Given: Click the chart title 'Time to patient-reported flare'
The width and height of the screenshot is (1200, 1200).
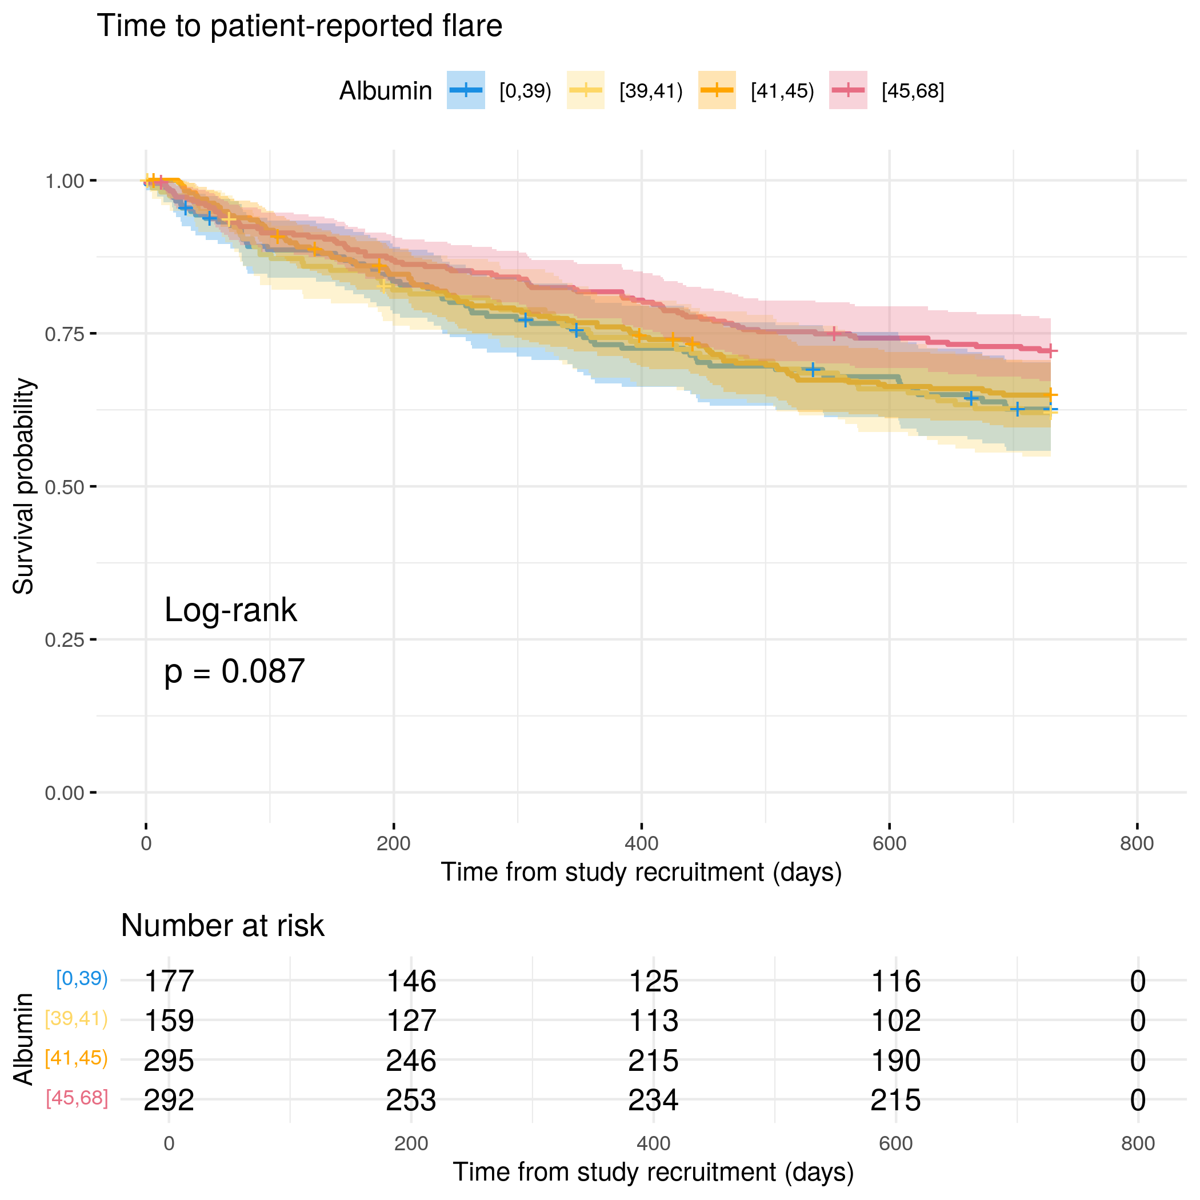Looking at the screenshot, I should (x=299, y=26).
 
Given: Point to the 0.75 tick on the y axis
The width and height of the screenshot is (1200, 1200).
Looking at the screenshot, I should (x=94, y=334).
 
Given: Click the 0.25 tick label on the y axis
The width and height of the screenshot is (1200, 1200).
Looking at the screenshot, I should (x=64, y=640).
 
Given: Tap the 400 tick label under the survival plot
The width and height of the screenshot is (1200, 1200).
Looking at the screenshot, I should (x=641, y=843).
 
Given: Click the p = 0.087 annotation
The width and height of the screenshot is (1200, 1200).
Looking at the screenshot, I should (x=234, y=671).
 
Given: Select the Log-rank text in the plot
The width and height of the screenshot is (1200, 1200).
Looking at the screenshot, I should (x=230, y=610).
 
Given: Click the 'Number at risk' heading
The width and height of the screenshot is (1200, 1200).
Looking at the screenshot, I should (x=222, y=926).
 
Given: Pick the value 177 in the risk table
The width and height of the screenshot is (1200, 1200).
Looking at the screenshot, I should (x=169, y=981).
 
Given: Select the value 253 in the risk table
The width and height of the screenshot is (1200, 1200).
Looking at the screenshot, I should (x=411, y=1100).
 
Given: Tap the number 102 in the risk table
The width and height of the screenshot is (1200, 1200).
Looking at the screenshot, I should (x=895, y=1021).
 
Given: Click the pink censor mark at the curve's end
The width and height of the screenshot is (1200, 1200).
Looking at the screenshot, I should (x=1050, y=351).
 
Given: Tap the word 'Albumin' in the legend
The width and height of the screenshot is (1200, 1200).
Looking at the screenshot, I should (x=385, y=91).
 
